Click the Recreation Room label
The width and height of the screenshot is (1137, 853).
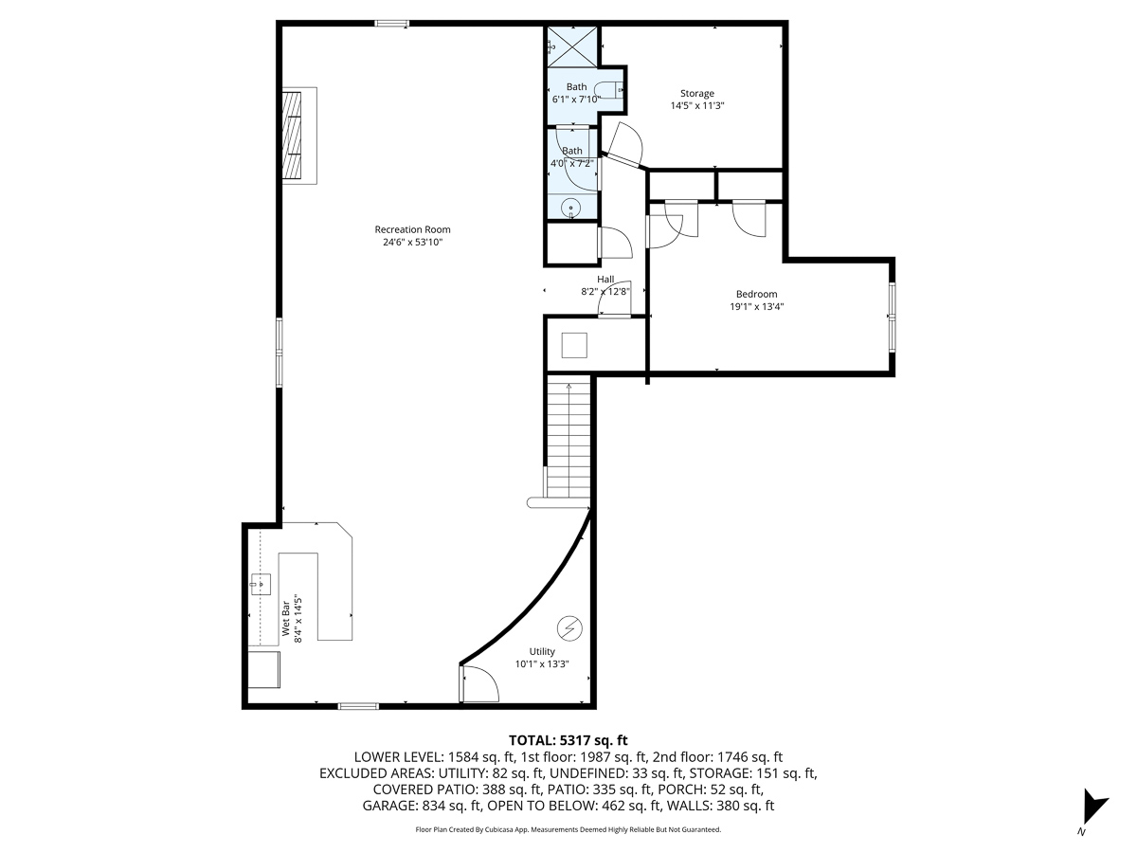coord(412,229)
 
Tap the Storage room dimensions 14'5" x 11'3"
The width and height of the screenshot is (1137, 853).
coord(696,105)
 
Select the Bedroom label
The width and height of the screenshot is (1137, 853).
coord(756,294)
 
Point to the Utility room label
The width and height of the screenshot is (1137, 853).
coord(542,651)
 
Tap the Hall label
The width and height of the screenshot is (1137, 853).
coord(605,280)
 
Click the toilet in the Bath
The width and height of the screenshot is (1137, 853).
coord(608,91)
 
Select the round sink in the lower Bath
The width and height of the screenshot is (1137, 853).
coord(571,209)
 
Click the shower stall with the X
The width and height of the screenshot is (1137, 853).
coord(572,47)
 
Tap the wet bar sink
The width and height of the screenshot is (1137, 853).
coord(261,584)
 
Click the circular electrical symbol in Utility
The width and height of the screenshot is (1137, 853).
coord(569,628)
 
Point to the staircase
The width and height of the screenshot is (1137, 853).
coord(568,438)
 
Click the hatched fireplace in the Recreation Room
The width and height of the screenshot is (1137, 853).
coord(291,136)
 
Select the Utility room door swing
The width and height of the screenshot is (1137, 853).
coord(479,683)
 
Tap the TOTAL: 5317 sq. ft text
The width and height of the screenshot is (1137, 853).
coord(568,740)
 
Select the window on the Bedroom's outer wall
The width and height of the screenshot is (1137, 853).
coord(892,317)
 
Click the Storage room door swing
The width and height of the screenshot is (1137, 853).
coord(625,144)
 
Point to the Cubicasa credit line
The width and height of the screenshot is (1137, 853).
coord(568,829)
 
